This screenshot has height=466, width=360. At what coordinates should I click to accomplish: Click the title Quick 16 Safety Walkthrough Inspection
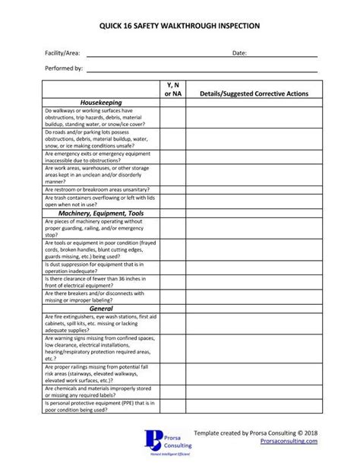[180, 26]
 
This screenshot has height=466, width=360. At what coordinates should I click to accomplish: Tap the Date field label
[239, 53]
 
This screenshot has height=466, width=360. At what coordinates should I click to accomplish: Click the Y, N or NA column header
[172, 87]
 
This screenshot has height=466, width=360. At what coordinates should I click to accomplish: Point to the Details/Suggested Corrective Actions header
[253, 93]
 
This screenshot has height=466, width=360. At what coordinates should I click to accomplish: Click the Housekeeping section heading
[101, 102]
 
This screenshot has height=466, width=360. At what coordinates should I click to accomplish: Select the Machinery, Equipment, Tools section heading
[101, 214]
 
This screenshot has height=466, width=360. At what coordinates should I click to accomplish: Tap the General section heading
[101, 309]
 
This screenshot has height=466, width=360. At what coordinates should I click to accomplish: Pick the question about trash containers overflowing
[101, 201]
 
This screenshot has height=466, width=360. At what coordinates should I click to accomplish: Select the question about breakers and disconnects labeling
[101, 297]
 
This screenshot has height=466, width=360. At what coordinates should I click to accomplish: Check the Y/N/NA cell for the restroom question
[172, 189]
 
